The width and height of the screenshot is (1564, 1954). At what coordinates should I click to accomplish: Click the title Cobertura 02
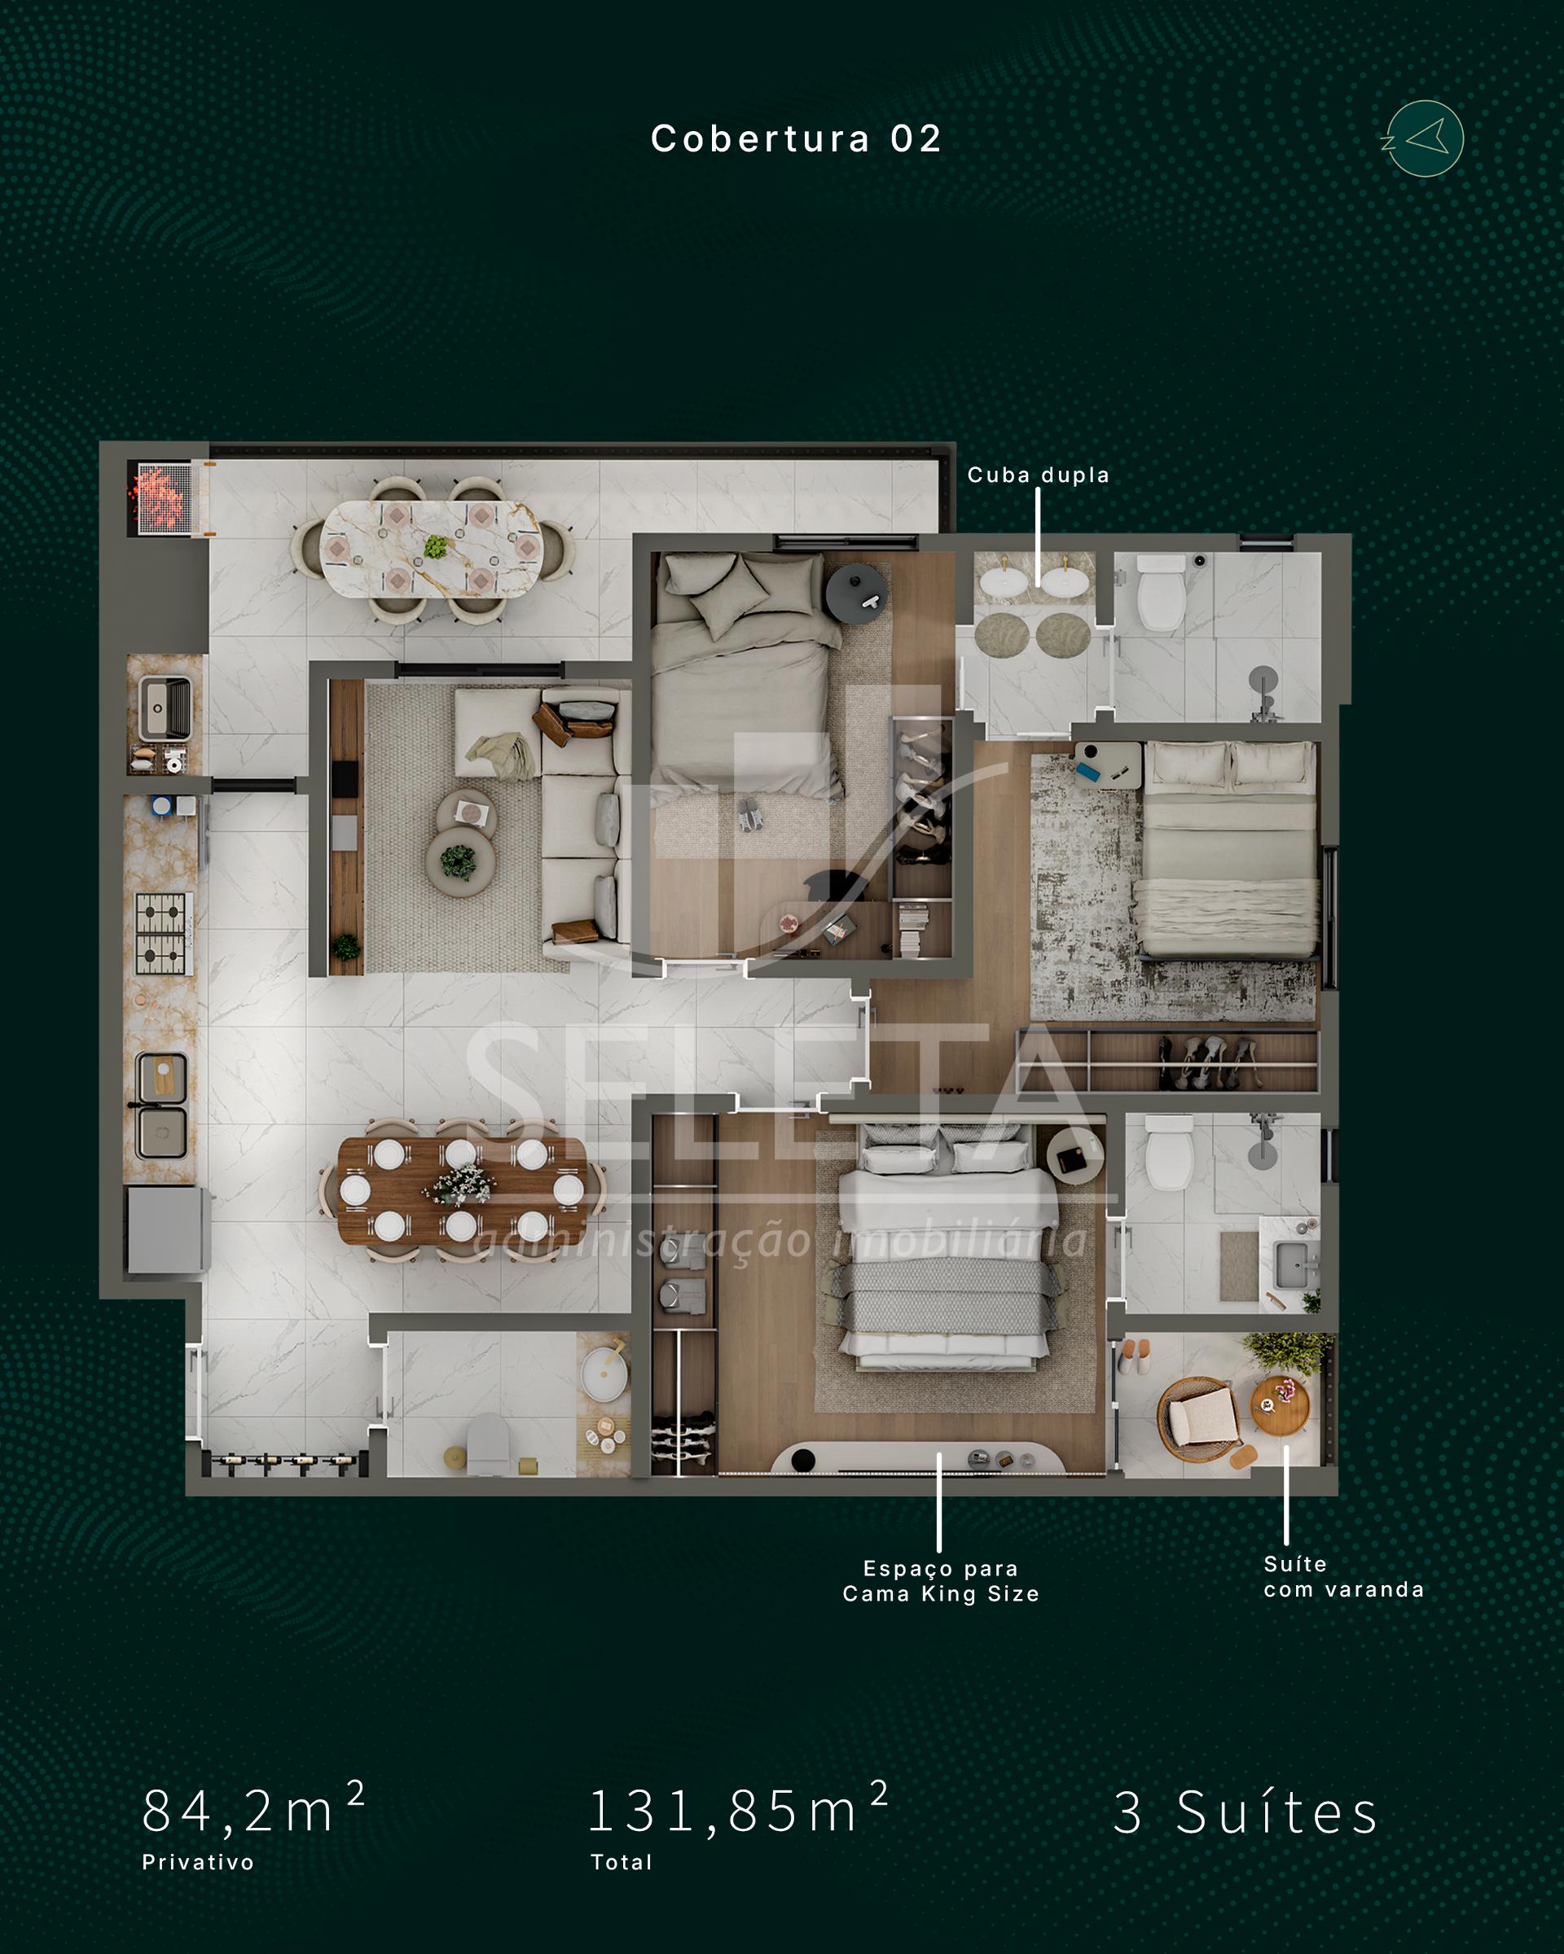coord(796,138)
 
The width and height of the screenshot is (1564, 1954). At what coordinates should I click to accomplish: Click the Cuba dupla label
coord(1038,475)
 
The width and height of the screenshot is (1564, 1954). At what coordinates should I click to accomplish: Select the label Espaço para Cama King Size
coord(940,1581)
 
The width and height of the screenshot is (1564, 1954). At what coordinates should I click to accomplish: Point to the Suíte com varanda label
coord(1344,1577)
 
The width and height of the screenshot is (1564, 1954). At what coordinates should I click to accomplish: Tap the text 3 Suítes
coord(1245,1812)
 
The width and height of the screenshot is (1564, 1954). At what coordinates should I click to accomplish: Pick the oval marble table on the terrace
coord(432,550)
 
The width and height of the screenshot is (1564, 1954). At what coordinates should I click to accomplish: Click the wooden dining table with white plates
coord(463,1189)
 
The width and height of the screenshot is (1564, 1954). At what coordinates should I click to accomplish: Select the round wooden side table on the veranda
coord(1280,1406)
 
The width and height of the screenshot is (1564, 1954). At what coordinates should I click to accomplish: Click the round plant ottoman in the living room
coord(459,862)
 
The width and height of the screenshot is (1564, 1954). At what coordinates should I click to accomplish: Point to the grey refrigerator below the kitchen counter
coord(169,1230)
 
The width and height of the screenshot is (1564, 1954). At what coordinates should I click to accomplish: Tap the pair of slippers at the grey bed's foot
coord(749,814)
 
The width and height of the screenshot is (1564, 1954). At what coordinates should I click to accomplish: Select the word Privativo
coord(198,1863)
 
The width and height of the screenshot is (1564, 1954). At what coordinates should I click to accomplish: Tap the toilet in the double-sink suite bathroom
coord(1161,594)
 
